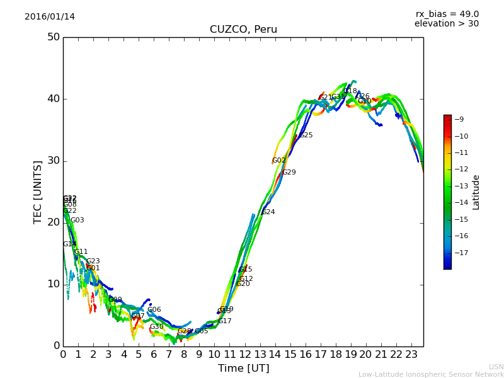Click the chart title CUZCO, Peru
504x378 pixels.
tap(243, 30)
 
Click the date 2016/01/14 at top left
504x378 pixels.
tap(50, 17)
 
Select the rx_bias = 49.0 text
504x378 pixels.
tap(447, 14)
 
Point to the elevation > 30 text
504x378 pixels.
tap(446, 24)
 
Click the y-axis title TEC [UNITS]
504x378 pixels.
tap(38, 192)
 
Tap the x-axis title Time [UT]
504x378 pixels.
tap(243, 369)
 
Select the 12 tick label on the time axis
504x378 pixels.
tap(245, 355)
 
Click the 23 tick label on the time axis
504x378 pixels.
tap(411, 355)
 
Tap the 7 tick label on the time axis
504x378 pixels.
tap(169, 355)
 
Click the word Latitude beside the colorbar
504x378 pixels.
tap(476, 192)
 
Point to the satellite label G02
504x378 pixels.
tap(278, 161)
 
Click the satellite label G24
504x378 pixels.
tap(268, 212)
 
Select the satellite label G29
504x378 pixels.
tap(289, 173)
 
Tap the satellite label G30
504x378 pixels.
tap(157, 327)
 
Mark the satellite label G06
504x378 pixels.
tap(154, 310)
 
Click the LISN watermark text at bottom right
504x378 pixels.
tap(496, 367)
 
